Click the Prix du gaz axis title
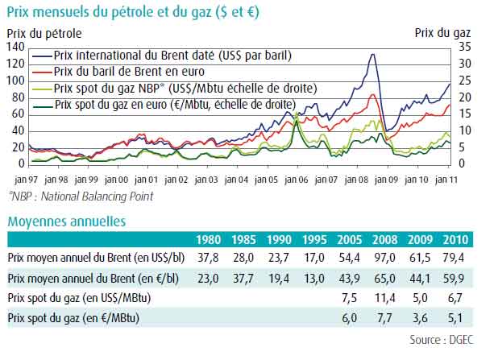[x=442, y=33]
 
